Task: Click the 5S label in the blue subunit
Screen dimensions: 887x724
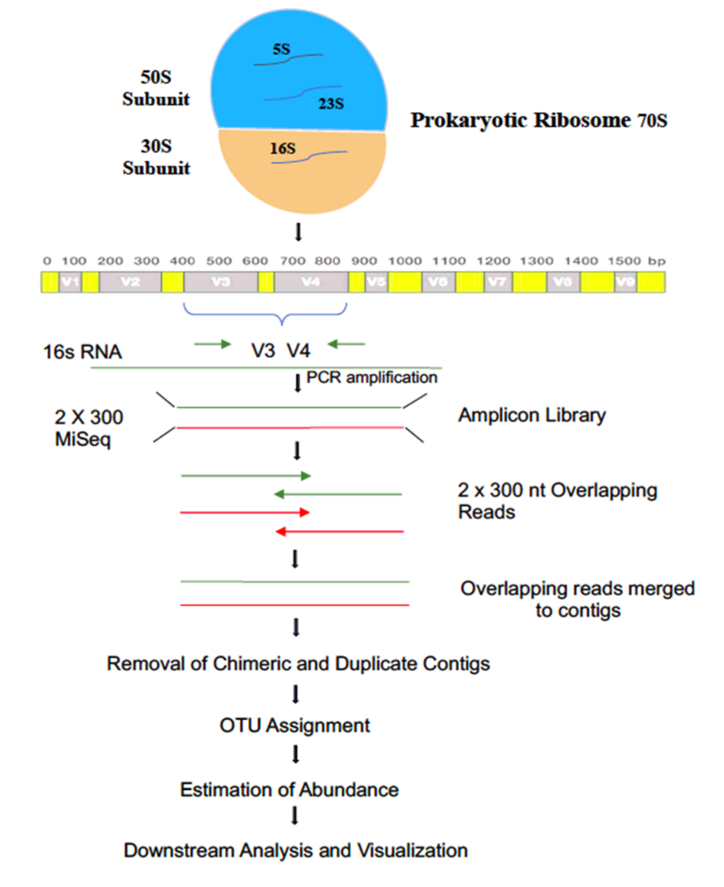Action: click(x=281, y=49)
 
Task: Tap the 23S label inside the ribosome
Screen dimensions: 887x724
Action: click(x=331, y=103)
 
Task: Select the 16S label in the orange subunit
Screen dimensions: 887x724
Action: click(x=283, y=148)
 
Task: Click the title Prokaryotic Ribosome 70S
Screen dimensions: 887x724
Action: click(x=538, y=121)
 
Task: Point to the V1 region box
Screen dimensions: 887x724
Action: click(x=70, y=282)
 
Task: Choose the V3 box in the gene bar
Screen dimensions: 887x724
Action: click(x=221, y=282)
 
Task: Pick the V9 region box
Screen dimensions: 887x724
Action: click(x=625, y=282)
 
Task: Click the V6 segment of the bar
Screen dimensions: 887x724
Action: click(x=438, y=282)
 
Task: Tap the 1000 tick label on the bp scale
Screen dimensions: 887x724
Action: click(x=405, y=261)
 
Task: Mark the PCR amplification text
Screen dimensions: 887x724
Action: click(x=372, y=377)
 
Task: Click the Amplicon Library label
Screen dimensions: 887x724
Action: click(x=532, y=415)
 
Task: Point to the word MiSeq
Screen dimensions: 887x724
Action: click(x=83, y=440)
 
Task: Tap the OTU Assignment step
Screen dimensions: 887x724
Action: click(x=294, y=725)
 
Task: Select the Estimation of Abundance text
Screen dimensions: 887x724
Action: click(x=289, y=789)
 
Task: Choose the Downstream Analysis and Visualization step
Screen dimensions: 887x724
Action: click(x=295, y=850)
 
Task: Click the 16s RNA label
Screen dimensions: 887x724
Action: click(x=82, y=352)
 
